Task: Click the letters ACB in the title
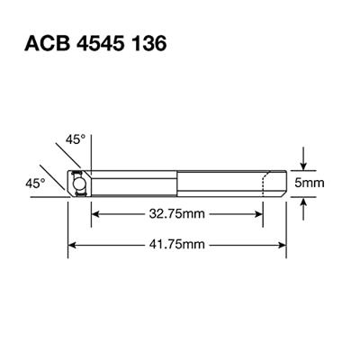48,42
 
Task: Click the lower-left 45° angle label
34,182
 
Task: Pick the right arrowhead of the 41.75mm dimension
282,245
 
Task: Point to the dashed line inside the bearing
262,184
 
